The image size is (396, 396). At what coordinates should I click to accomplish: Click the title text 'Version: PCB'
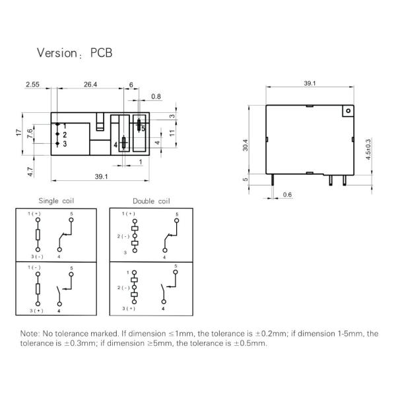(x=74, y=53)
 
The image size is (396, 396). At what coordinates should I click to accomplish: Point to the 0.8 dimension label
(x=156, y=97)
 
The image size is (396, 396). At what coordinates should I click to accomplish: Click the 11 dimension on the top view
(x=171, y=133)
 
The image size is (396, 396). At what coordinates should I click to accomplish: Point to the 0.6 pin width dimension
(x=287, y=195)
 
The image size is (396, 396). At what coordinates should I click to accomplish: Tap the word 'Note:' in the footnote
(x=30, y=333)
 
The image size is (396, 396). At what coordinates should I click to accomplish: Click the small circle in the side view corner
(x=345, y=113)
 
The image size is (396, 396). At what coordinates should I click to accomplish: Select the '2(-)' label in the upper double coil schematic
(x=123, y=236)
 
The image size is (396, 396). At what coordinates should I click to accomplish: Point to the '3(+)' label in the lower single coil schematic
(x=36, y=310)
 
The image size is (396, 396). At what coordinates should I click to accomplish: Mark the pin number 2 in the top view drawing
(x=65, y=135)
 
